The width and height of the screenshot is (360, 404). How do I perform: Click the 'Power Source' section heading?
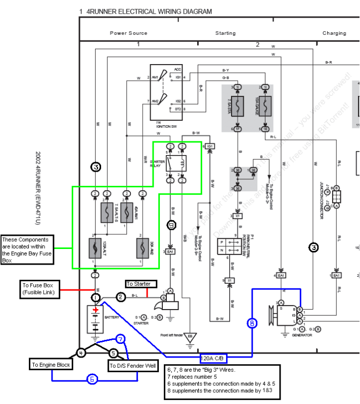(x=128, y=33)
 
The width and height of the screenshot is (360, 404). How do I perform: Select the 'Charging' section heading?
(x=334, y=33)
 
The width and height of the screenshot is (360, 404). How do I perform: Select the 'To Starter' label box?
(x=138, y=284)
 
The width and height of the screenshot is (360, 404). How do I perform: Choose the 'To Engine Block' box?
(x=51, y=365)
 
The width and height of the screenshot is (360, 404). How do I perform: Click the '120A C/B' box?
(x=213, y=359)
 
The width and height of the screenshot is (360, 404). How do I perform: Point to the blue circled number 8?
(x=252, y=323)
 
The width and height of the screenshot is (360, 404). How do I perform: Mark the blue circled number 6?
(x=92, y=379)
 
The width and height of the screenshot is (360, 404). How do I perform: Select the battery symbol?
(x=95, y=318)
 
